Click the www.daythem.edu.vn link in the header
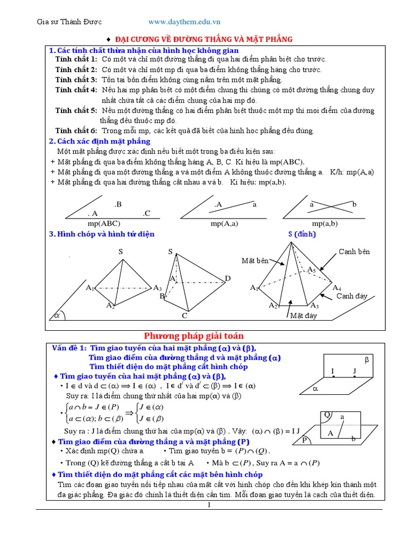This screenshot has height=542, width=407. [x=184, y=22]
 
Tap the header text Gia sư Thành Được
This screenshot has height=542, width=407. [x=69, y=22]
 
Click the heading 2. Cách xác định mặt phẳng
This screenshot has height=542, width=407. [x=100, y=141]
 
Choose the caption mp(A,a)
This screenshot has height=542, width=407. [x=224, y=223]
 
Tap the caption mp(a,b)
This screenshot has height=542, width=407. [x=325, y=223]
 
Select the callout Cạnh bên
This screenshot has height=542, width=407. [x=354, y=251]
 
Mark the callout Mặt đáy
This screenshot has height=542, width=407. [x=303, y=316]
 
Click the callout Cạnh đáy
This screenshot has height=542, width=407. [x=352, y=296]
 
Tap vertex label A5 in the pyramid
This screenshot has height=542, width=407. [x=312, y=270]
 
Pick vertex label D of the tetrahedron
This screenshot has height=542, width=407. [x=227, y=278]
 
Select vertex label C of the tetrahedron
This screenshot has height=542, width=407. [x=185, y=315]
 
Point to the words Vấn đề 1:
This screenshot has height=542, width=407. [x=69, y=348]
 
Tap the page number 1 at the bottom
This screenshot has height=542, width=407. [x=209, y=505]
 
